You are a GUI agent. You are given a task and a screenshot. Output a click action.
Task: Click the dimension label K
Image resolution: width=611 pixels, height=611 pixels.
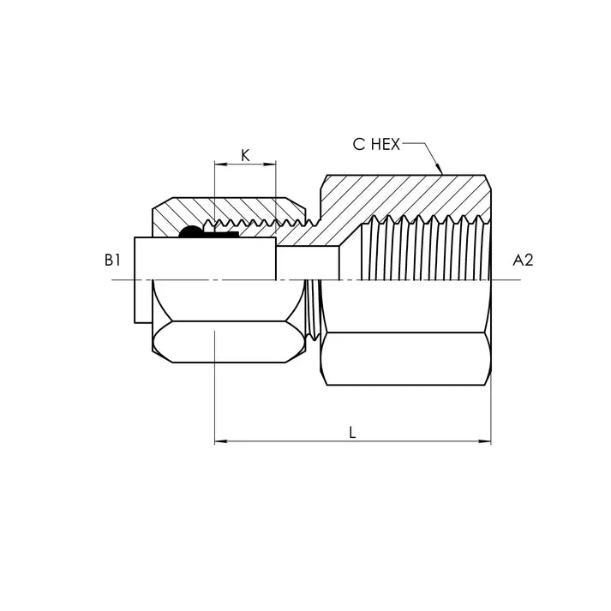point(245,155)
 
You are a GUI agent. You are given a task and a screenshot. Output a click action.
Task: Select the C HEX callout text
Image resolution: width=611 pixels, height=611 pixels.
point(376,144)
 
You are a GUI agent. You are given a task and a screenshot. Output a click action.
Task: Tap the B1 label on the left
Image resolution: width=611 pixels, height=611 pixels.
point(111,260)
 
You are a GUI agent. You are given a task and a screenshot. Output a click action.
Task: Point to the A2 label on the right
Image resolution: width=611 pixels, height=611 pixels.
point(522,260)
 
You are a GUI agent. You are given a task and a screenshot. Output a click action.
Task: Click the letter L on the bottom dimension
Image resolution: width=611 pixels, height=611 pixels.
point(352,433)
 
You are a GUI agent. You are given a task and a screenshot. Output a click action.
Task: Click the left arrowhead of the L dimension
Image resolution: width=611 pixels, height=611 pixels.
point(219,442)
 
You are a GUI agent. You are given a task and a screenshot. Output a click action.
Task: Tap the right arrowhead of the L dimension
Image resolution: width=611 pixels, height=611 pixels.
point(487,442)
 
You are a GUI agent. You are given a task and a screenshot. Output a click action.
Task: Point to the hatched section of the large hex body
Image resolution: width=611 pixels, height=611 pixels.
point(403,195)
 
